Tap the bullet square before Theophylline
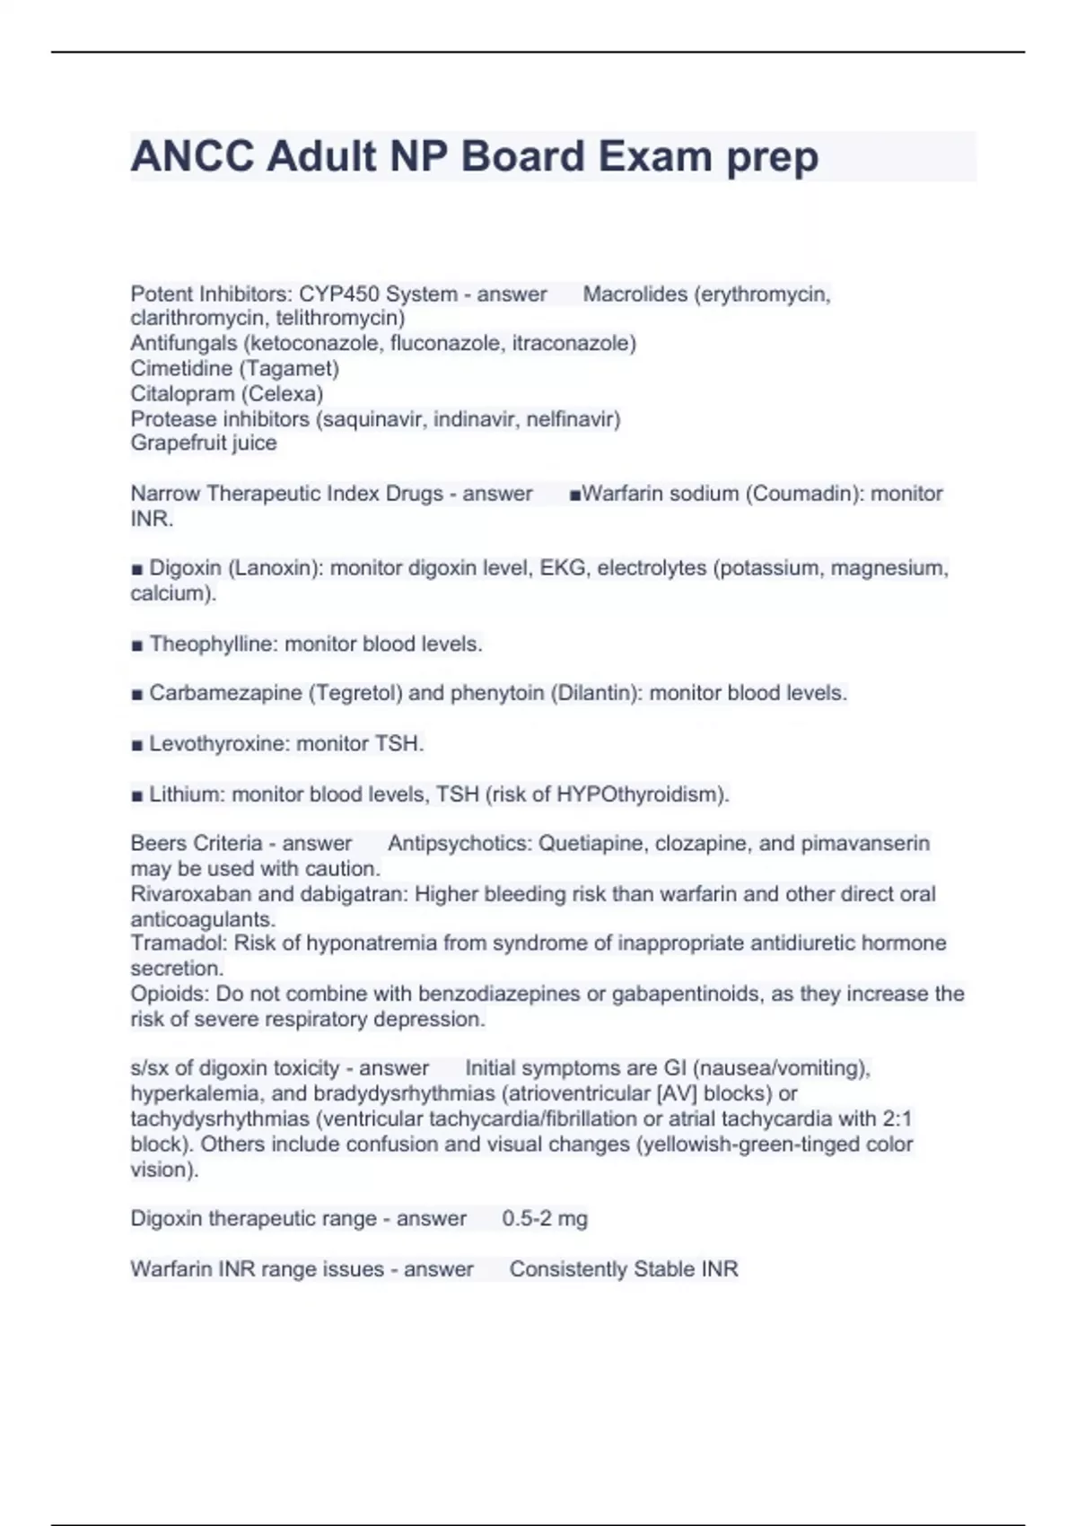137,645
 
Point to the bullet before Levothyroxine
137,745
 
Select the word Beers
158,844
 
